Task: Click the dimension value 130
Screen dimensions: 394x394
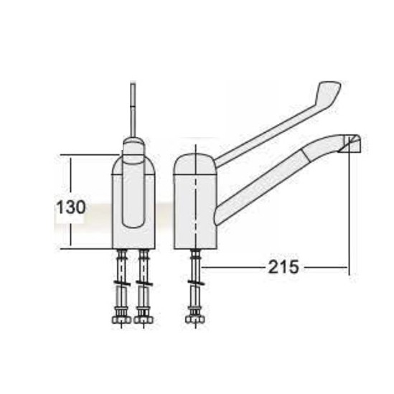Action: (71, 208)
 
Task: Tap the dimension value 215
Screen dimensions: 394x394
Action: (284, 267)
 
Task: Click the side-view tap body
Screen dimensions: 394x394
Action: (194, 205)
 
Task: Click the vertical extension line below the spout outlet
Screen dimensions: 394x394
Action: (349, 215)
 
